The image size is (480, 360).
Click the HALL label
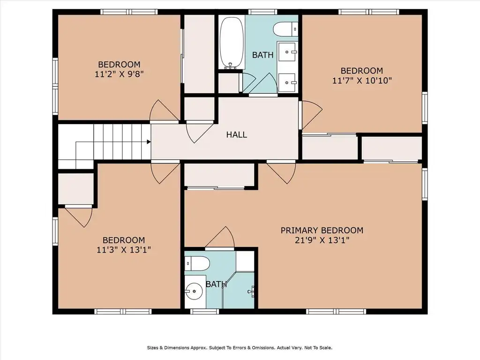point(237,135)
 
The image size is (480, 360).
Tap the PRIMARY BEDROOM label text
point(322,230)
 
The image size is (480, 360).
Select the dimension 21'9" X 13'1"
point(322,240)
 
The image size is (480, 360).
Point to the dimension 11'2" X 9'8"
point(119,74)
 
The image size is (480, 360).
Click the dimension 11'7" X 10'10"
point(362,80)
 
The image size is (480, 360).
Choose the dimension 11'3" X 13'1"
point(124,250)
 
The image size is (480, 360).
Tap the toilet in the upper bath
point(285,29)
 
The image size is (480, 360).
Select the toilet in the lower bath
point(197,263)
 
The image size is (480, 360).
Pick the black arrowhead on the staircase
point(149,142)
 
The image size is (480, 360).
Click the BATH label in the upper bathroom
point(262,55)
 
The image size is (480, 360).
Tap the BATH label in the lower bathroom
point(216,285)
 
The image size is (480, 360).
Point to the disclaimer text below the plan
point(240,348)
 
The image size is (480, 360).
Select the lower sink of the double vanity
point(287,82)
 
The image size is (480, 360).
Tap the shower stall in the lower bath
point(239,290)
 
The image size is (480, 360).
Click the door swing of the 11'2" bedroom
point(164,110)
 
